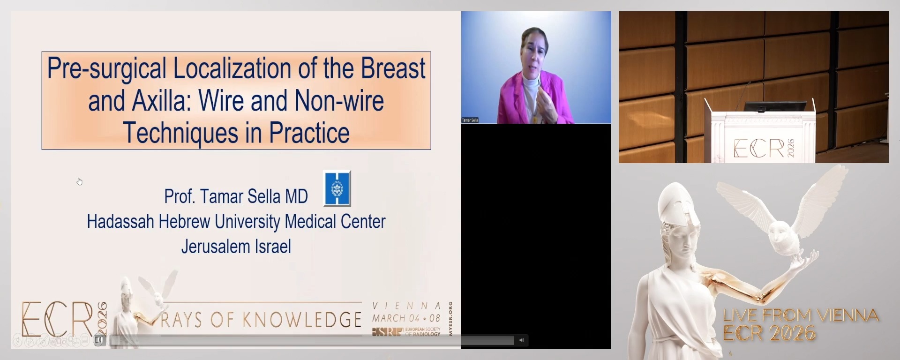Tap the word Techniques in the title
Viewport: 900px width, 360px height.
point(180,133)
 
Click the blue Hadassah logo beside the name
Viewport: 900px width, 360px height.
point(337,188)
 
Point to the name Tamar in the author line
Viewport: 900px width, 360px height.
point(222,197)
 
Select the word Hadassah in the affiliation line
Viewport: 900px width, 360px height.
point(120,222)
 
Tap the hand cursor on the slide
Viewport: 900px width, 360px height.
point(80,181)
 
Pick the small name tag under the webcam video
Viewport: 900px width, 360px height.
point(470,120)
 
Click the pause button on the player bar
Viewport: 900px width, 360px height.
point(98,340)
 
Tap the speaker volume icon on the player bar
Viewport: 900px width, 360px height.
point(521,340)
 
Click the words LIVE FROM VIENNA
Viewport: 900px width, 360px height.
point(801,315)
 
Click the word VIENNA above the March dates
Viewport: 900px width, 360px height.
point(406,306)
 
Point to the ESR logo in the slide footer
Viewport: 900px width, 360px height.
point(387,332)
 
